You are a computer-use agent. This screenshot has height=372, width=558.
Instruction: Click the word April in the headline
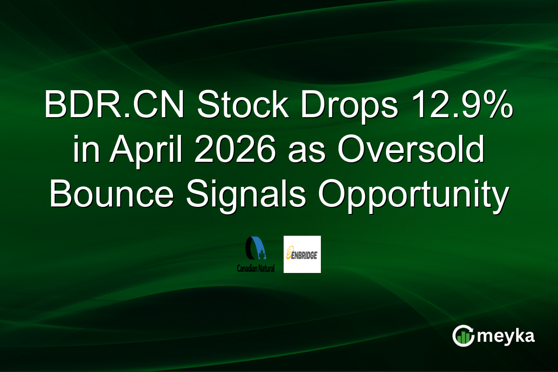click(x=130, y=152)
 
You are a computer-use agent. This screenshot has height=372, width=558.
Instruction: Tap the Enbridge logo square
click(x=302, y=254)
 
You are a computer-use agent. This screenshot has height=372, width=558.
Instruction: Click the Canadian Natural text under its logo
click(x=255, y=269)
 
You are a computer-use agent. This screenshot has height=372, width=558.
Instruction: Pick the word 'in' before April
click(x=83, y=152)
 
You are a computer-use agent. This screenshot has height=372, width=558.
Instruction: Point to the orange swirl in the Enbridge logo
click(x=289, y=254)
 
